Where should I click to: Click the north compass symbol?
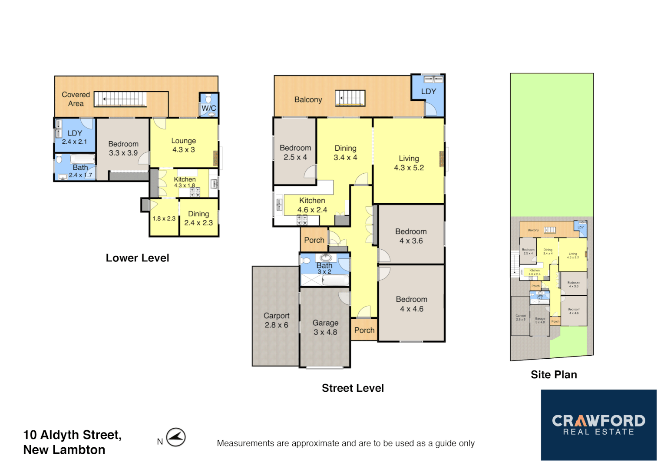[176, 437]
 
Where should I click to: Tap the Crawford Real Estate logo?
[598, 425]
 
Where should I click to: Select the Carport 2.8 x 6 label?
[276, 320]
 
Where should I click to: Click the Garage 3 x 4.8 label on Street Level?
[325, 327]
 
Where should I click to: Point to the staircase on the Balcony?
[350, 98]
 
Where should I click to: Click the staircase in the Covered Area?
[120, 99]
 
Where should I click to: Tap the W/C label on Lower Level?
[208, 108]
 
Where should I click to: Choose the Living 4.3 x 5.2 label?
[409, 163]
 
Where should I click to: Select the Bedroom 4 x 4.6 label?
[411, 304]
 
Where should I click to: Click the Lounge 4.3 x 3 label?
[183, 145]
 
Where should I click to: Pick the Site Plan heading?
[554, 375]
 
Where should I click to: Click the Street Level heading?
[353, 388]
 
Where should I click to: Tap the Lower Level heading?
[137, 258]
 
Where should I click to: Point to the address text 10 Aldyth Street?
[72, 435]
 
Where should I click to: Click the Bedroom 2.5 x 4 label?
[295, 152]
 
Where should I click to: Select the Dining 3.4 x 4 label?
[345, 153]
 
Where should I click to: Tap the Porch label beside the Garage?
[364, 330]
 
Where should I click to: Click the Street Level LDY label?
[428, 92]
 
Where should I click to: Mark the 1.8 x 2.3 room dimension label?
[164, 218]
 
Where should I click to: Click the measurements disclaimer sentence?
[346, 443]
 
